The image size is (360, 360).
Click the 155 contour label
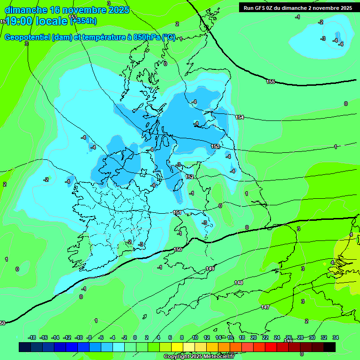point(270,82)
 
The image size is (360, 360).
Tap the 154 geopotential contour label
point(240,117)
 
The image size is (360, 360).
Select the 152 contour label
point(189,177)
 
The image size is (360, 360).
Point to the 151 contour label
point(177,213)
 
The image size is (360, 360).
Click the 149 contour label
point(210,269)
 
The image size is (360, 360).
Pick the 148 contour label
point(239,283)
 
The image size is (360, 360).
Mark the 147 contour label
point(265,307)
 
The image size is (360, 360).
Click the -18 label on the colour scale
point(32,337)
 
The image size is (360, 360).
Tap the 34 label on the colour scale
point(335,337)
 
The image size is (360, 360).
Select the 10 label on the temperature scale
point(195,337)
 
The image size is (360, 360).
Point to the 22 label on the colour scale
point(265,337)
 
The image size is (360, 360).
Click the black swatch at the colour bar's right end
point(329,347)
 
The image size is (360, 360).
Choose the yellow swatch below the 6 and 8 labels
point(177,347)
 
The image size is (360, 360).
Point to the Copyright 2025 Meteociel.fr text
point(198,356)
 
